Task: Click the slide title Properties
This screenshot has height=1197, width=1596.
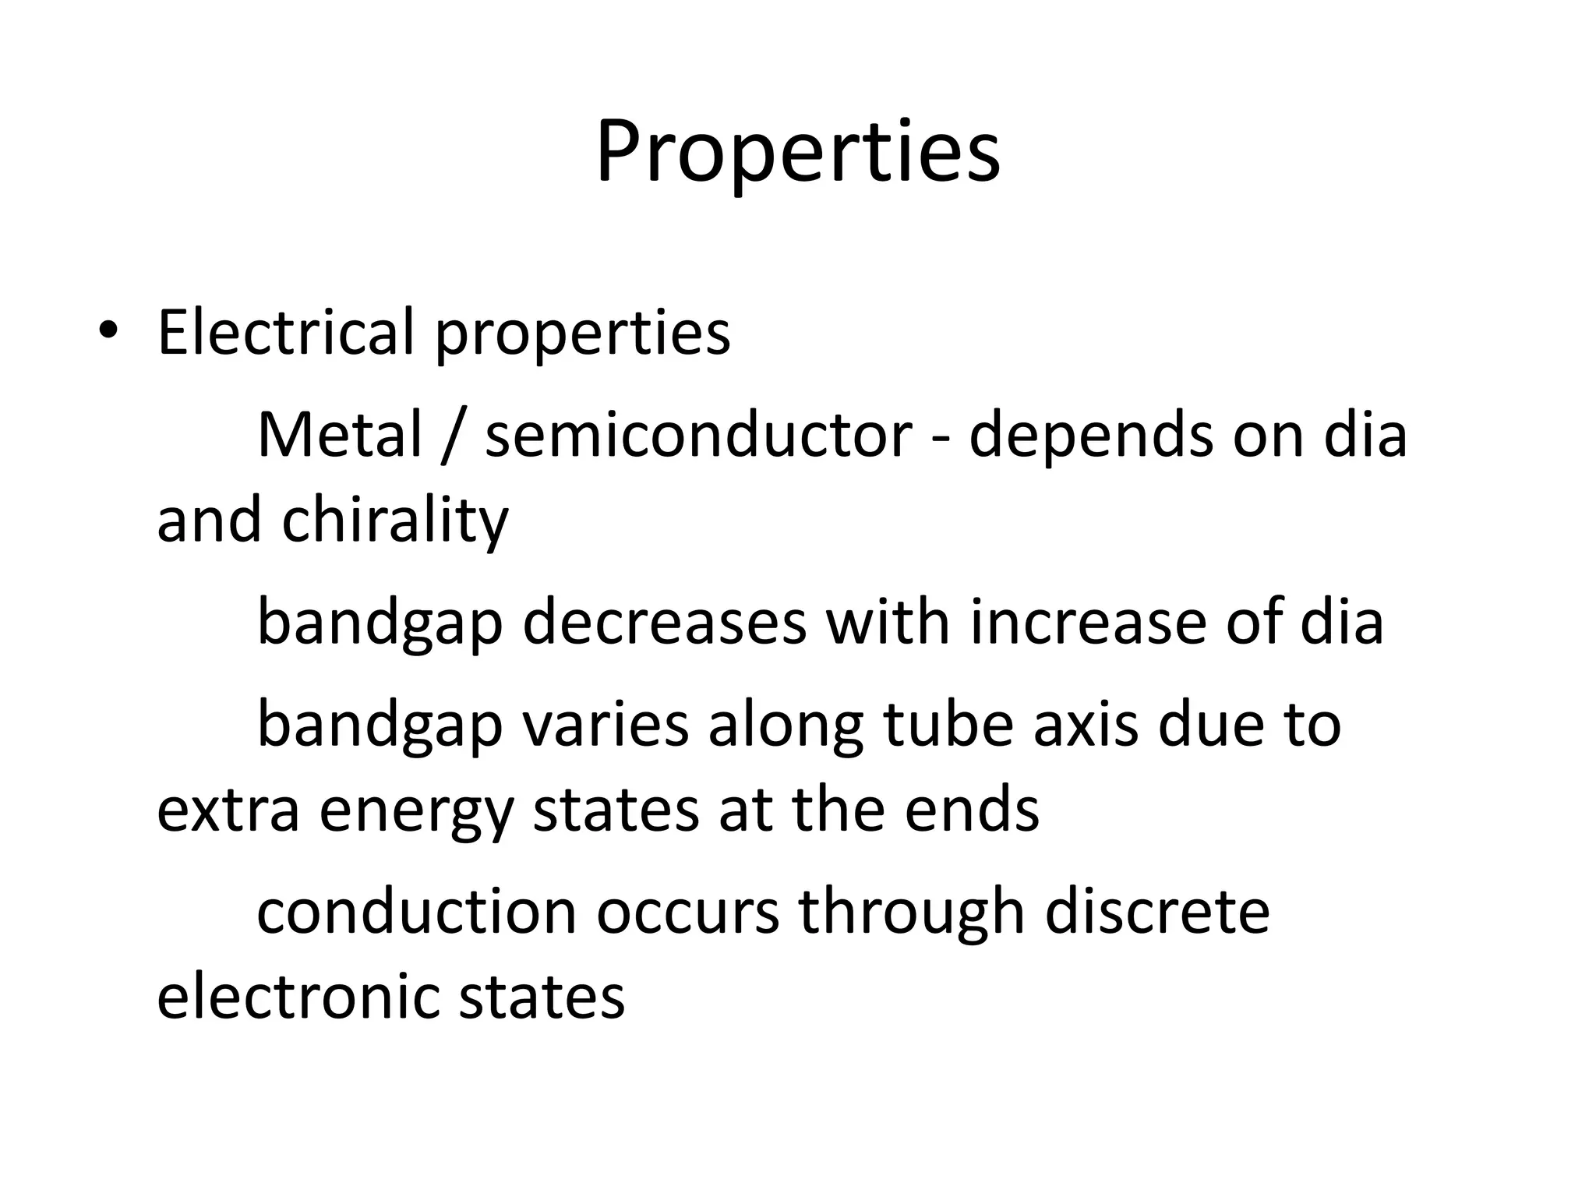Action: pyautogui.click(x=797, y=152)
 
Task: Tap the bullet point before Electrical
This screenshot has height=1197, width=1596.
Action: pyautogui.click(x=108, y=333)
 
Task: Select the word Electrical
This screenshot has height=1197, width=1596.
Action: pyautogui.click(x=285, y=333)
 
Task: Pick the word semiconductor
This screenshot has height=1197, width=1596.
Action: pyautogui.click(x=698, y=434)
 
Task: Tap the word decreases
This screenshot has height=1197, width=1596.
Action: pyautogui.click(x=664, y=622)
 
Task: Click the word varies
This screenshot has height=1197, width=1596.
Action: pyautogui.click(x=605, y=724)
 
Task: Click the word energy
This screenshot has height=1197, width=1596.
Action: pyautogui.click(x=416, y=810)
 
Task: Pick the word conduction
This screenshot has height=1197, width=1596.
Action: pyautogui.click(x=416, y=911)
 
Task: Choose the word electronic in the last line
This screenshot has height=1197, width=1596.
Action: pyautogui.click(x=298, y=997)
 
